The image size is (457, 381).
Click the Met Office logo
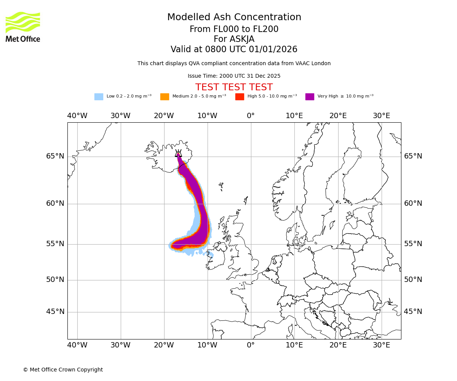[23, 27]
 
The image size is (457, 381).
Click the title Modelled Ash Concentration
[234, 17]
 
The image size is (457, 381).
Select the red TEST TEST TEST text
[234, 87]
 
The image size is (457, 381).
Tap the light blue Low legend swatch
[99, 96]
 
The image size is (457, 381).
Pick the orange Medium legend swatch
[165, 96]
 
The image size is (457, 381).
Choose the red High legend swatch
[240, 96]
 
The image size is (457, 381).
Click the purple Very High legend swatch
[310, 96]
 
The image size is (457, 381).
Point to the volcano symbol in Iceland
[178, 154]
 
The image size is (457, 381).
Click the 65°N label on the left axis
[55, 156]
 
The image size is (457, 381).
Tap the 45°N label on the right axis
[413, 312]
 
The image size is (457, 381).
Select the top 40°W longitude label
[77, 116]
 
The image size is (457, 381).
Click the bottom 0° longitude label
[251, 345]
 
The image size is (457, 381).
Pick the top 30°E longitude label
[381, 116]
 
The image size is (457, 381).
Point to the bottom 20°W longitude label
[164, 345]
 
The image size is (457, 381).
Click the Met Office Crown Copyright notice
[63, 370]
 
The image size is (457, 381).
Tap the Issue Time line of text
[234, 76]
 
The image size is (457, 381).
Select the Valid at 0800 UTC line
[234, 49]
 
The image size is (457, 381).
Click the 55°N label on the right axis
[413, 244]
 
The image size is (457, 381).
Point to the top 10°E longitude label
[294, 116]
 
